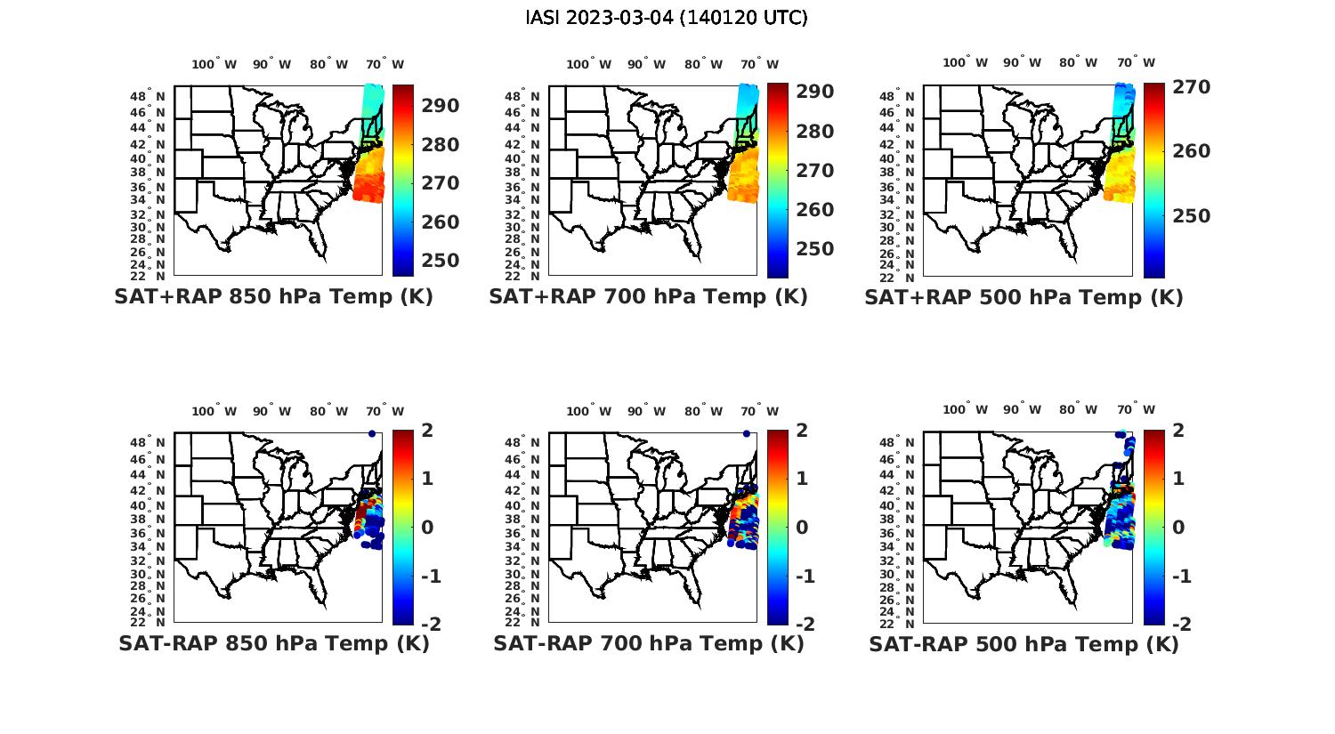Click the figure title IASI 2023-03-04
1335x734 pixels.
(x=667, y=18)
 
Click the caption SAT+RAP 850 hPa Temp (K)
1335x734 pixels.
(x=273, y=297)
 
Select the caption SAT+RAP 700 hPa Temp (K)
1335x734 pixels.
(x=648, y=297)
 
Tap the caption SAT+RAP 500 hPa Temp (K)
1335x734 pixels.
(x=1023, y=297)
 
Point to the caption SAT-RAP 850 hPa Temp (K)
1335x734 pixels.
(x=273, y=644)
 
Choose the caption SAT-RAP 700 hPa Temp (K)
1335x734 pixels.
(x=648, y=644)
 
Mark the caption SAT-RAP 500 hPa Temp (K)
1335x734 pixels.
(x=1023, y=644)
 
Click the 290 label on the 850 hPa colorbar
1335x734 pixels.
(x=441, y=106)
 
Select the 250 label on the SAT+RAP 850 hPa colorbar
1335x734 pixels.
(x=441, y=261)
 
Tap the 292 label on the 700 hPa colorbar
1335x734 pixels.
(x=815, y=92)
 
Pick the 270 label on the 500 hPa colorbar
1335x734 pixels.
(x=1192, y=87)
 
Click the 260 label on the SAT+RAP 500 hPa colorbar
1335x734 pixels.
(x=1192, y=151)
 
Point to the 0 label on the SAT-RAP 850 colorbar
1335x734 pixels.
(x=427, y=528)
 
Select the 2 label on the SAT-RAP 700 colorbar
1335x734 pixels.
(x=802, y=431)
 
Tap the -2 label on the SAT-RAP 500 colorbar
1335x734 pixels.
(x=1178, y=625)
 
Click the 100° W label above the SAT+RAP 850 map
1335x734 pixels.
(x=214, y=64)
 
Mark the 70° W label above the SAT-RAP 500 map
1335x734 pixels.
(x=1136, y=410)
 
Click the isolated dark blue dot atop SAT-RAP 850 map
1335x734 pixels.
(x=371, y=433)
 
